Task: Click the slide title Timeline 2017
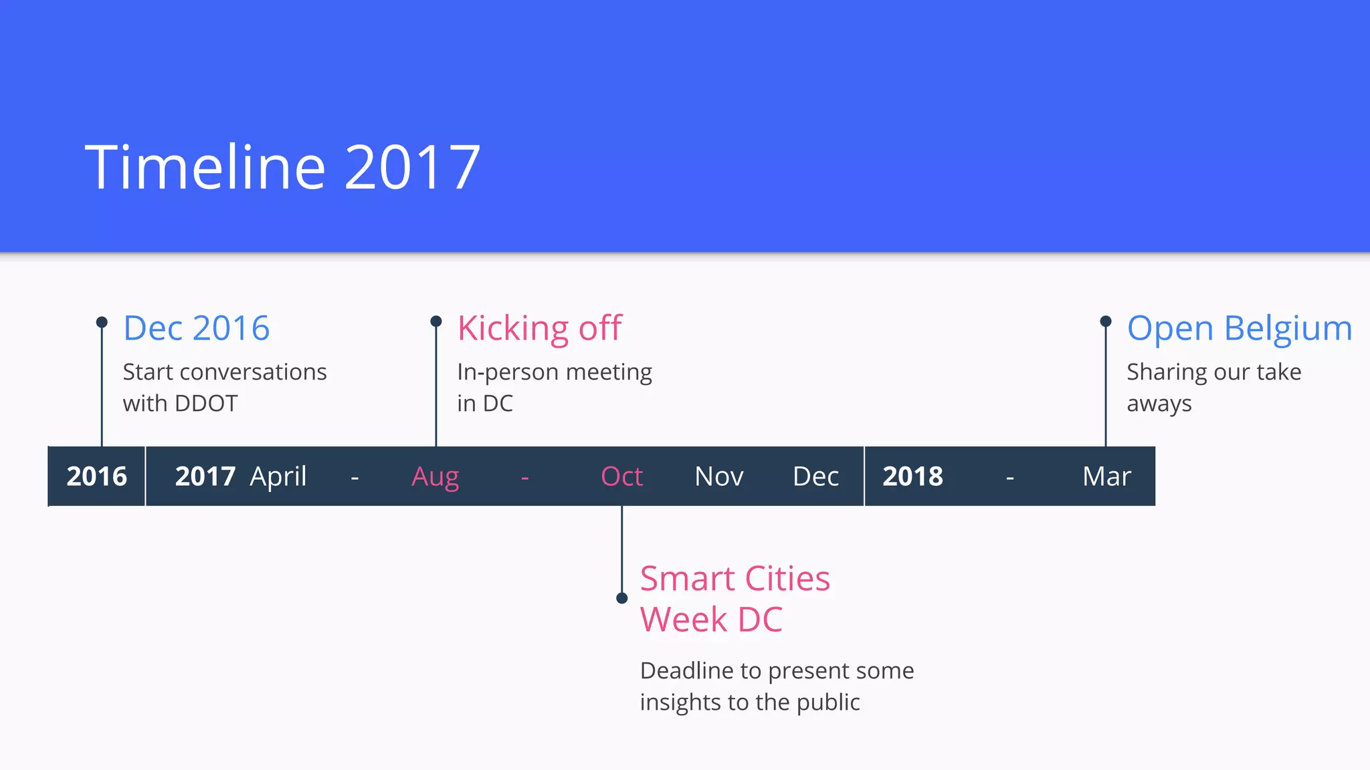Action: (282, 167)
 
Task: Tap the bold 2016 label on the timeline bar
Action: (96, 477)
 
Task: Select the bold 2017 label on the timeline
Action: (205, 477)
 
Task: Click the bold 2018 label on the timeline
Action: (912, 477)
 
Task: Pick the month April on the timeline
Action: (278, 477)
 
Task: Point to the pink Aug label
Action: (435, 477)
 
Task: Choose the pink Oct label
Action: (621, 477)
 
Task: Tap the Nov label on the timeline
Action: (719, 477)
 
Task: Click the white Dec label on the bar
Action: (815, 477)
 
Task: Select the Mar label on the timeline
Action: (1106, 477)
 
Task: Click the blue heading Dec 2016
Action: (196, 328)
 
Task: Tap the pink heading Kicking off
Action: (539, 328)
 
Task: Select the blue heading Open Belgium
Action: (1239, 328)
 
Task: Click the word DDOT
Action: (205, 404)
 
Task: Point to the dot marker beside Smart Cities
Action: (621, 598)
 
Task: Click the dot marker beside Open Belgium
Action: (1106, 322)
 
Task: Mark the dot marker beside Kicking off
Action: (436, 322)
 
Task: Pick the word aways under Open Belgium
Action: (1159, 404)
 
